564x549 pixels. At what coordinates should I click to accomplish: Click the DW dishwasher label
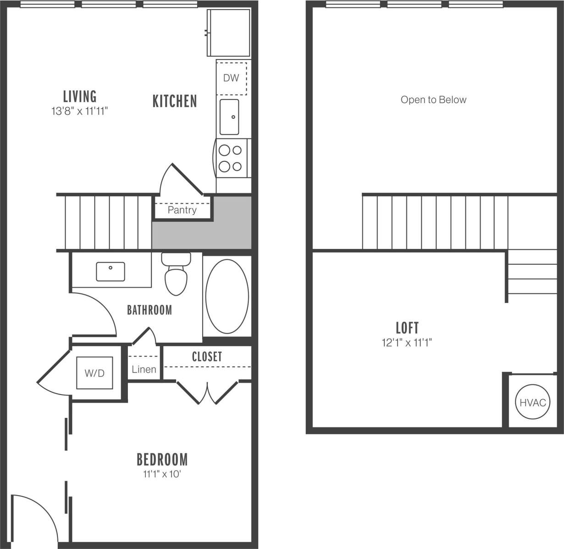231,78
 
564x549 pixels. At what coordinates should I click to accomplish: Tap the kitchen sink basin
229,117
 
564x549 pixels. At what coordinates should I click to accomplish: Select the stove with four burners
231,158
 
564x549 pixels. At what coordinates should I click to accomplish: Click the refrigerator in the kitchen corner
229,32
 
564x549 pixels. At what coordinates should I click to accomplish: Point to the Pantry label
182,210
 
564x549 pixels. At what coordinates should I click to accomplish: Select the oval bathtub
227,296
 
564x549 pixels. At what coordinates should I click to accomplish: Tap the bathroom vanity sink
111,271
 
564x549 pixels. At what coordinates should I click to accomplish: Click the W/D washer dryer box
94,373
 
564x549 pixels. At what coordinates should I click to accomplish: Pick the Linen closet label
144,369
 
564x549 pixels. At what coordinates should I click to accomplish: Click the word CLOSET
207,357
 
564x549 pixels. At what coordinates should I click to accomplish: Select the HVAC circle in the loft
533,402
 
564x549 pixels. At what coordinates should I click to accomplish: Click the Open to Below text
433,100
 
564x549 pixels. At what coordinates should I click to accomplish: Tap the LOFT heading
407,328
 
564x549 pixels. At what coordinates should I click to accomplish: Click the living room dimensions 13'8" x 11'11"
79,111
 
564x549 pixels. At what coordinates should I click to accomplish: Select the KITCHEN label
175,101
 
